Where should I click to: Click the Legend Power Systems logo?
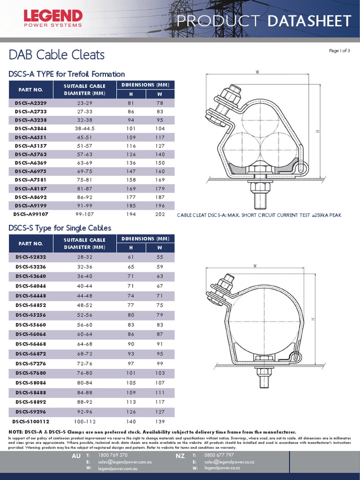46,18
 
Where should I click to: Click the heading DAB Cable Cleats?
57,55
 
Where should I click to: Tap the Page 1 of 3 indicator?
339,51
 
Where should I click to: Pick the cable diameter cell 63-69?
85,163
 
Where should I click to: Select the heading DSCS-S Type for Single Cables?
60,228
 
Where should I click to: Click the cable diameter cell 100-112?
85,420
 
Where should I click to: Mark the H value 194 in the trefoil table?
131,214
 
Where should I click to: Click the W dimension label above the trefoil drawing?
258,72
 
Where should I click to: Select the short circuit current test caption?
259,215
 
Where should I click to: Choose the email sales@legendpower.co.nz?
226,462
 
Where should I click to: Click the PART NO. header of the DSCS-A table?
30,89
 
